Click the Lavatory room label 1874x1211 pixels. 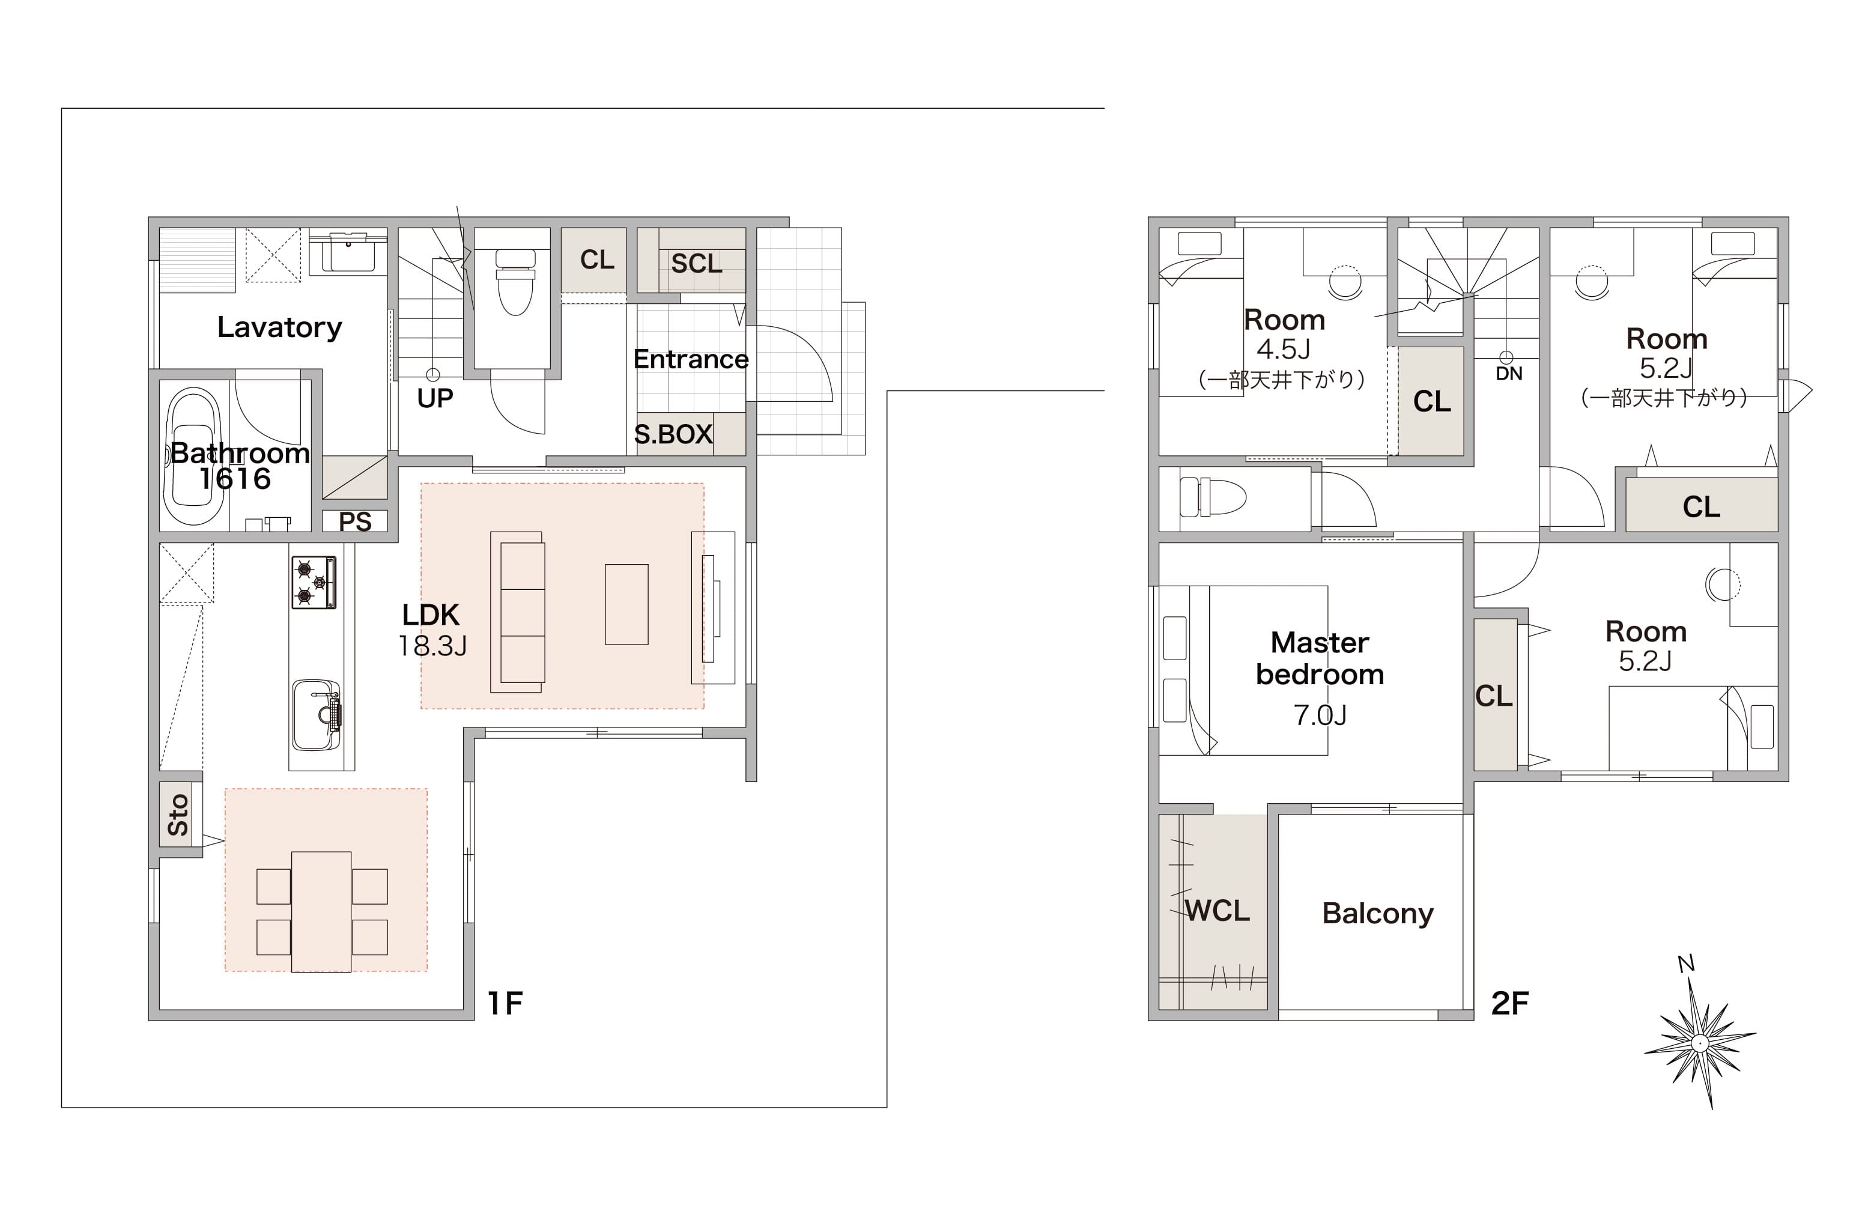point(279,327)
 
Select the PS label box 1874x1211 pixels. point(354,521)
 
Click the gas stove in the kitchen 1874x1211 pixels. point(314,582)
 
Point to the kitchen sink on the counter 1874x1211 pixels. point(317,715)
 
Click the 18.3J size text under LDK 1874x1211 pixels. point(432,646)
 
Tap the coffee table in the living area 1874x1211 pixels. point(626,604)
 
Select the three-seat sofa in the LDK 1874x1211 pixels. point(517,612)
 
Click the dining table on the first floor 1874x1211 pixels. point(321,911)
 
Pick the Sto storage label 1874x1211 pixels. point(178,814)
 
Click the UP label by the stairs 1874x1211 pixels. point(435,399)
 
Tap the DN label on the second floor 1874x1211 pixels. point(1508,374)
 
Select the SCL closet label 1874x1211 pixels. point(697,264)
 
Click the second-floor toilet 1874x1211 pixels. point(1213,497)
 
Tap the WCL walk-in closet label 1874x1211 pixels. point(1217,911)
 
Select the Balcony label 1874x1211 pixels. point(1378,914)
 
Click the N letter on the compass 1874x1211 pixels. point(1685,964)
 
